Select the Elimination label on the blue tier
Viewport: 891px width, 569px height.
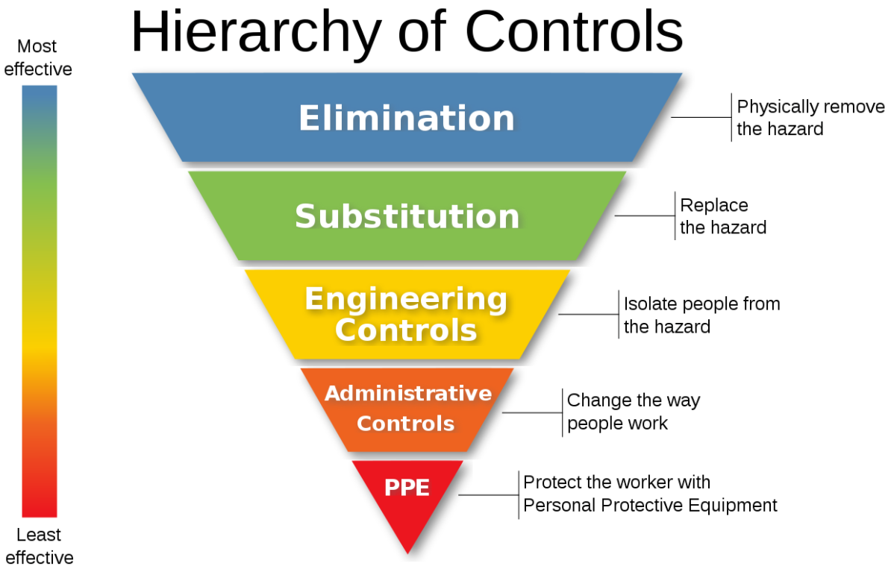(407, 118)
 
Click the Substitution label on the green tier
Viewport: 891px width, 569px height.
(407, 216)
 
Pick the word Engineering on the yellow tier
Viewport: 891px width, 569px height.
(406, 299)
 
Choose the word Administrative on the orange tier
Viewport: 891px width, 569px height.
(407, 393)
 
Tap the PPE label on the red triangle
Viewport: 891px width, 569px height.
(407, 488)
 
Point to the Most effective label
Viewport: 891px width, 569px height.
(38, 58)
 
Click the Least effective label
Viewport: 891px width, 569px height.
(39, 546)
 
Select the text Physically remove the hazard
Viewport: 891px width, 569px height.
(810, 118)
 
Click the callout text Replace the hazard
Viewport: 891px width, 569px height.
(722, 216)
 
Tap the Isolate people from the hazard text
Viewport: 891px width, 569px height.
(701, 315)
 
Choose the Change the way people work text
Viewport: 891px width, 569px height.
(633, 412)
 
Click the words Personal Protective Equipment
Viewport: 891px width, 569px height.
(650, 506)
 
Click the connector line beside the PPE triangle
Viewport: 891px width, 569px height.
(488, 494)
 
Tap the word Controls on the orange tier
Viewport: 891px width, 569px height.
(405, 424)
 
